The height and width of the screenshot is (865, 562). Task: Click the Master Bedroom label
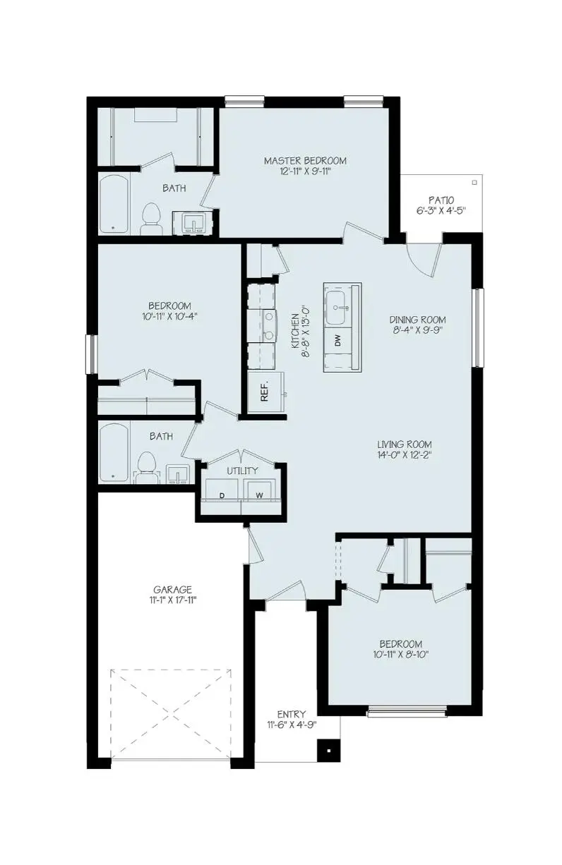305,161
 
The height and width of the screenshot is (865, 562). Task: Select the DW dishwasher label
338,341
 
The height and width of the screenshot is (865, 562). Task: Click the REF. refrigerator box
265,392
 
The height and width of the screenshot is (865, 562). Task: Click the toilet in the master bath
150,218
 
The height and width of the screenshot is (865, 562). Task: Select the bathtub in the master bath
113,204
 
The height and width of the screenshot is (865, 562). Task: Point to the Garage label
173,590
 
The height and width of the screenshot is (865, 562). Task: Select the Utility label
242,471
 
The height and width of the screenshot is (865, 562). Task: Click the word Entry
291,713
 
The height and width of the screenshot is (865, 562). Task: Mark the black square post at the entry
327,750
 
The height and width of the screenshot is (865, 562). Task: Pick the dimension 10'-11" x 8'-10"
400,654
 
